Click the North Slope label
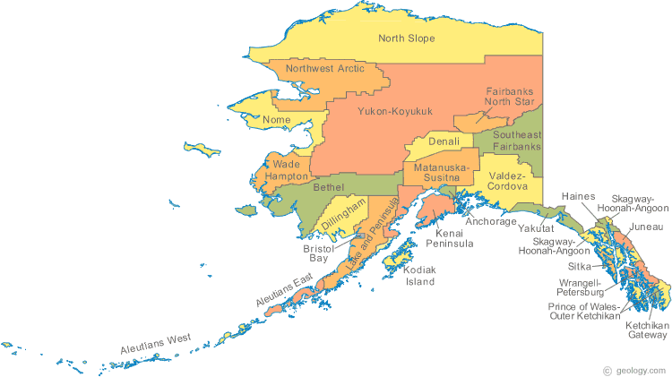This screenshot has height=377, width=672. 406,39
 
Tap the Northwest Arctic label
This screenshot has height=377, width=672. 324,68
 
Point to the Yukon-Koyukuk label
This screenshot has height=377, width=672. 395,111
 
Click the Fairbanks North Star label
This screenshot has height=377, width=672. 510,97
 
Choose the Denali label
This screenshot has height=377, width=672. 444,141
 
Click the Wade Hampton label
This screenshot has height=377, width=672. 287,171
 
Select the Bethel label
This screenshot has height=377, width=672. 329,188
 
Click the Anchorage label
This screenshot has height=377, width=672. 491,221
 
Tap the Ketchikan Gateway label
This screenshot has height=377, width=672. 646,330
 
